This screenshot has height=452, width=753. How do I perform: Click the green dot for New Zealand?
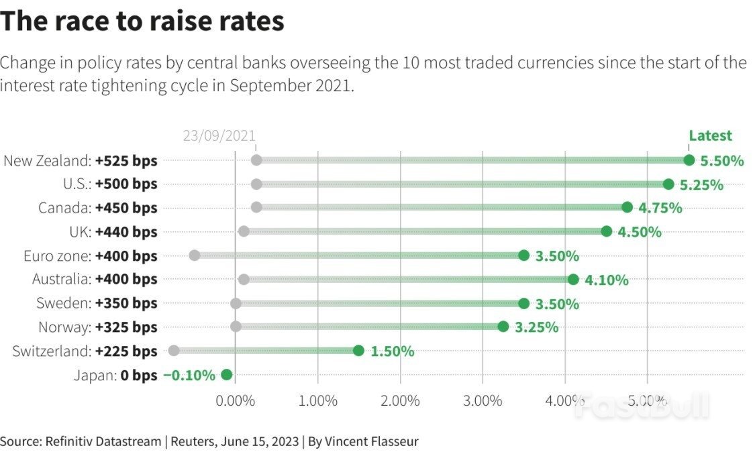[x=689, y=160]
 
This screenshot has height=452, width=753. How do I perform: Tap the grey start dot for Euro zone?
[x=195, y=256]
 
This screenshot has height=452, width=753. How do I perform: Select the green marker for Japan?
[x=226, y=375]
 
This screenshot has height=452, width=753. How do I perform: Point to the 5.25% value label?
[x=702, y=184]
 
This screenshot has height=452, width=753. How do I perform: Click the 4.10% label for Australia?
[x=607, y=280]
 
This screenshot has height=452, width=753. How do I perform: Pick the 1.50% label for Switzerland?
[x=392, y=351]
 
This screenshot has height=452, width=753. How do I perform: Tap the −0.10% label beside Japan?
[x=189, y=375]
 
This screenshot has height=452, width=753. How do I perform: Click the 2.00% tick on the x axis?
[x=400, y=400]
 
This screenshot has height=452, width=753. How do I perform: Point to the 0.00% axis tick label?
[x=235, y=400]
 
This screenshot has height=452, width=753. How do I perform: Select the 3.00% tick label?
[x=483, y=400]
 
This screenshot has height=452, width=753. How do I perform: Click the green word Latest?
[x=710, y=135]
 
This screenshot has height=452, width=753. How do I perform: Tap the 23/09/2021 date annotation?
[x=219, y=135]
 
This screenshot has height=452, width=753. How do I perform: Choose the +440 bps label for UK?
[x=126, y=232]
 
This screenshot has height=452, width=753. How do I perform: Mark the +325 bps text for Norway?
[x=126, y=327]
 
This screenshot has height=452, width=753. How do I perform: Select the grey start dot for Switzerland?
[x=174, y=351]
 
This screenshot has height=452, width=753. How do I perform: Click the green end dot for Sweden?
[x=524, y=303]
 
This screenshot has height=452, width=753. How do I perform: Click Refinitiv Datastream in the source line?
[x=103, y=441]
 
